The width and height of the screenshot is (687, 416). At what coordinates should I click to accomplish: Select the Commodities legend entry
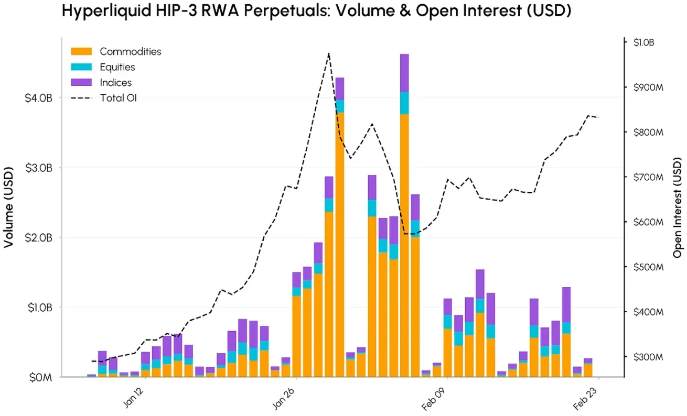[x=130, y=51]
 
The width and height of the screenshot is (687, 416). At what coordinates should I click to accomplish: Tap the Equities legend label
[x=117, y=67]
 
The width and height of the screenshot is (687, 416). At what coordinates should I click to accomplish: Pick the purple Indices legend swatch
[x=81, y=82]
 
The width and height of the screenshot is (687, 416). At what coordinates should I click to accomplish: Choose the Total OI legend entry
[x=118, y=97]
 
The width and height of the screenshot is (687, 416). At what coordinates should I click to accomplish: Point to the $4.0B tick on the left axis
[x=38, y=98]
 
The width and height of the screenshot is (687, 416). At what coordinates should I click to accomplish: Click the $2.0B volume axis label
[x=38, y=237]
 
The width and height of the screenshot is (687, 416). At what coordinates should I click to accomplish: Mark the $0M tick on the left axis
[x=41, y=377]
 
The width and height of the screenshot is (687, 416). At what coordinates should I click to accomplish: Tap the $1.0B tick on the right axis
[x=643, y=42]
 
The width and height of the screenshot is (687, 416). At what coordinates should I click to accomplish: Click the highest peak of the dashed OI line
[x=328, y=53]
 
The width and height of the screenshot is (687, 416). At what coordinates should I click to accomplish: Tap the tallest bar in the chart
[x=404, y=215]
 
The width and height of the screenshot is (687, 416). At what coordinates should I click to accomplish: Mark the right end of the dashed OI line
[x=599, y=117]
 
